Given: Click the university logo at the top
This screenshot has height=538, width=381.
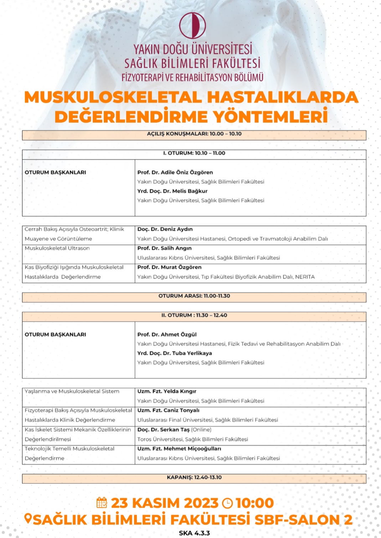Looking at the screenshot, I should click(x=192, y=25).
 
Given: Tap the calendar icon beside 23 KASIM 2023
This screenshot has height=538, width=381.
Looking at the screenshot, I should click(x=102, y=503).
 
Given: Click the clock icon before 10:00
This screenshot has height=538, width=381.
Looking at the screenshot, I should click(x=227, y=503).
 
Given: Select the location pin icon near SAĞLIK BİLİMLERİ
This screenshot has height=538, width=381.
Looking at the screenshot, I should click(x=28, y=519).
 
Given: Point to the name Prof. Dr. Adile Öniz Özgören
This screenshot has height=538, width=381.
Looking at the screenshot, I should click(x=175, y=172).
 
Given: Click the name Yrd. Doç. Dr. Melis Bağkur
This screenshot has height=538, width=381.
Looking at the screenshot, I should click(x=172, y=191).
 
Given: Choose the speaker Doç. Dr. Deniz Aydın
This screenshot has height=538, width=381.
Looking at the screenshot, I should click(x=165, y=229).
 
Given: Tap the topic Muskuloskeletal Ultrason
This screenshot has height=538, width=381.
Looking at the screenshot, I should click(x=57, y=248).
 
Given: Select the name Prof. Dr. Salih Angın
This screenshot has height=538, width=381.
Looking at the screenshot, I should click(x=164, y=248).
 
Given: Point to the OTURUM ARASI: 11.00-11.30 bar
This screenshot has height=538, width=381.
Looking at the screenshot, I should click(x=194, y=296).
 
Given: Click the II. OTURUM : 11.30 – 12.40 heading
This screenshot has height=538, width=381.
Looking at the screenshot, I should click(x=194, y=315).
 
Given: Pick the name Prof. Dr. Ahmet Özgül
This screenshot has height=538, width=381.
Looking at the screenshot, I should click(x=167, y=335).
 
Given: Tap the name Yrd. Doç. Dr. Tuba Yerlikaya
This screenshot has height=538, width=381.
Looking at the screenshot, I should click(x=175, y=353).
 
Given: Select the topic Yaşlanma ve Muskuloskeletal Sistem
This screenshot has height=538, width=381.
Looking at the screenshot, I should click(x=72, y=391).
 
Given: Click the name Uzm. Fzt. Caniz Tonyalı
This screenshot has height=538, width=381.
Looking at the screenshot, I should click(x=168, y=411).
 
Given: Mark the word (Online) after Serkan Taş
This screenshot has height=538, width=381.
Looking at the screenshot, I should click(x=201, y=429).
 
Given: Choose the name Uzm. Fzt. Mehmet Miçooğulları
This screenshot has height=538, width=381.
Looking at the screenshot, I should click(x=179, y=449).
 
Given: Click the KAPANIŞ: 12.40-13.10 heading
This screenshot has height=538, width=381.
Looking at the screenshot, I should click(x=194, y=477).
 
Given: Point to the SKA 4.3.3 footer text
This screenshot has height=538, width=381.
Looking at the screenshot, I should click(x=194, y=533).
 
